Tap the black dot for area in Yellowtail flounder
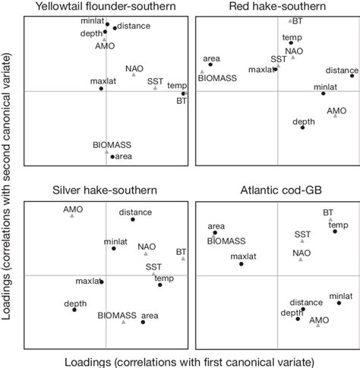[112, 156]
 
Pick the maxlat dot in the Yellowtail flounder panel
[101, 89]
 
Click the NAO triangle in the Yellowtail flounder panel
[134, 74]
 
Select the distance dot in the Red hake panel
[352, 76]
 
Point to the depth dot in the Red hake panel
[302, 127]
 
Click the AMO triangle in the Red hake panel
[336, 115]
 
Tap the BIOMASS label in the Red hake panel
[217, 77]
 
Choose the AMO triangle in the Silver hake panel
[72, 215]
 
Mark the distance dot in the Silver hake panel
[133, 219]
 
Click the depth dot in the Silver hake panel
[74, 310]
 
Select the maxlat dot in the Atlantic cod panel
[242, 263]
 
